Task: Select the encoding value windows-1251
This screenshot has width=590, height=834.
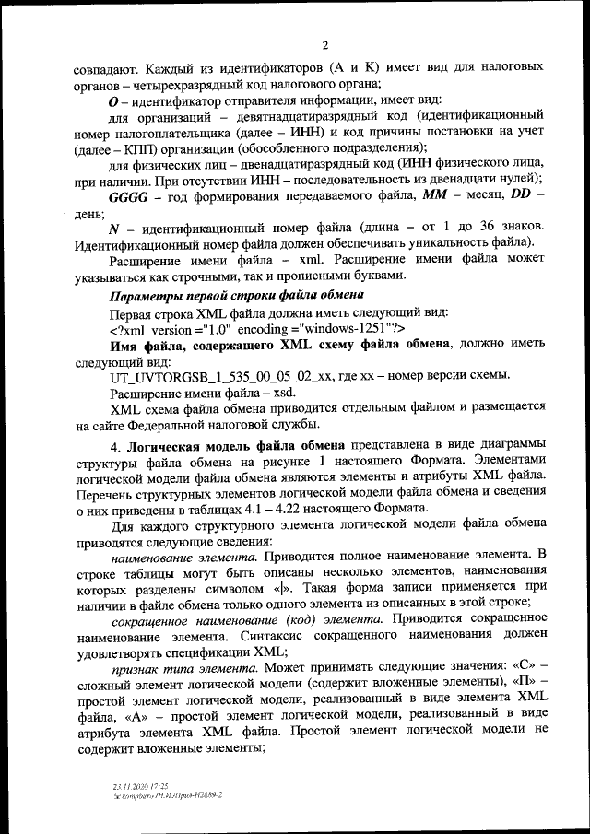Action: [346, 328]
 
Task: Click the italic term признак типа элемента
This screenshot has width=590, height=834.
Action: [178, 689]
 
